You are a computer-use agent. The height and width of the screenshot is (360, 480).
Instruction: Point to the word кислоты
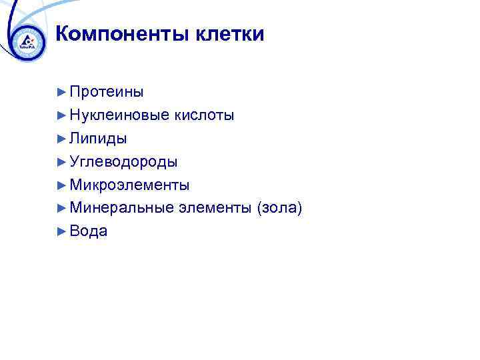[x=204, y=115]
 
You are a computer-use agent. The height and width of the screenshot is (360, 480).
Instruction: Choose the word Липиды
[x=98, y=139]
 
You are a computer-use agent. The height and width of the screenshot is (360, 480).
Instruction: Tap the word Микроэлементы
[x=129, y=185]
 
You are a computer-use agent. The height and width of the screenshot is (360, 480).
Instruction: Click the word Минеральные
[x=121, y=208]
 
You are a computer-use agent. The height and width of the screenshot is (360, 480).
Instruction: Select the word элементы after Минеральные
[x=214, y=208]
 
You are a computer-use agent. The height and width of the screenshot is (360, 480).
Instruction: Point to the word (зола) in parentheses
[x=279, y=208]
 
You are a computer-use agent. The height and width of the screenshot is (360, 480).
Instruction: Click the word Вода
[x=89, y=231]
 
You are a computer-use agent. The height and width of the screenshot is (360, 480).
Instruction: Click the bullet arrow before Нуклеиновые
[x=62, y=115]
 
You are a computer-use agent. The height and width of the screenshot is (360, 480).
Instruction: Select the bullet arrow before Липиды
[x=62, y=139]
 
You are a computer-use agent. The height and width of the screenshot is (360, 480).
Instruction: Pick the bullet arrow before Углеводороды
[x=62, y=162]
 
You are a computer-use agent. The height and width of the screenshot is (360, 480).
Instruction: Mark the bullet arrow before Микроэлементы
[x=62, y=185]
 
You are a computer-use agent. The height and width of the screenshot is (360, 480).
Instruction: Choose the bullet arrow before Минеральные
[x=62, y=208]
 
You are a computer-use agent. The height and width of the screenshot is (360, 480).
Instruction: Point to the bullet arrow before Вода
[x=62, y=231]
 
